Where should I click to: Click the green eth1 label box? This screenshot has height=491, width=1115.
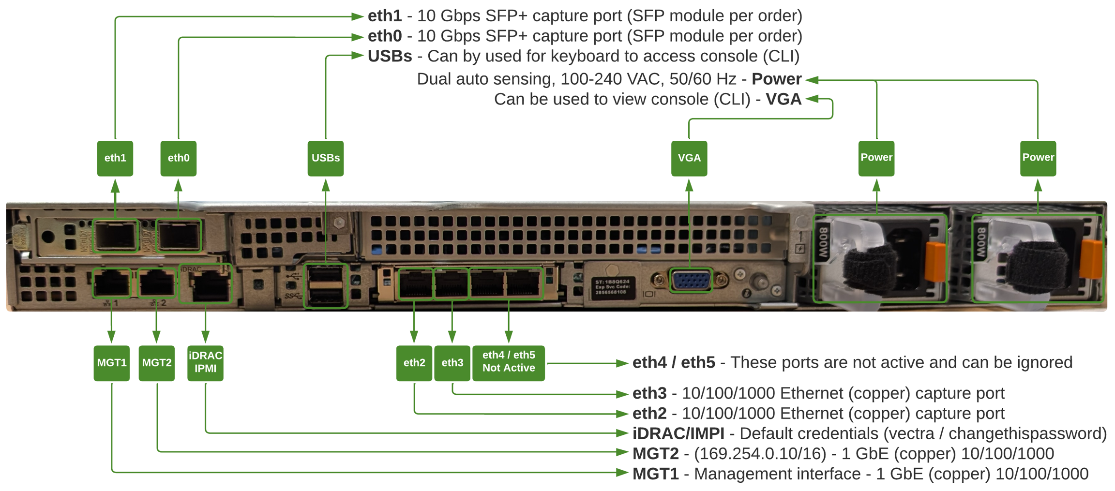115,158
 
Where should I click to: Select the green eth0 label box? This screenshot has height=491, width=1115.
178,158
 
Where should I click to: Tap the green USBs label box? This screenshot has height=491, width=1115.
325,158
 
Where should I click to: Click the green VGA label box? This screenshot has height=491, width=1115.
689,158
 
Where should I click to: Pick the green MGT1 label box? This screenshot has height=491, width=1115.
111,363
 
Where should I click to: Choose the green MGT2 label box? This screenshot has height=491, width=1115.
156,363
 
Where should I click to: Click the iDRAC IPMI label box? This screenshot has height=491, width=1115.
205,363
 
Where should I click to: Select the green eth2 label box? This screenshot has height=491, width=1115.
414,363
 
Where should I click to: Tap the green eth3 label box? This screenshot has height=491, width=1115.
452,363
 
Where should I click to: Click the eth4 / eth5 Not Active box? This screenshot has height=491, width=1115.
508,363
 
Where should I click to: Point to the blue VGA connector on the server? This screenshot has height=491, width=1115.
691,281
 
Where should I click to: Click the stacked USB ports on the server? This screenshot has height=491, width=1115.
325,286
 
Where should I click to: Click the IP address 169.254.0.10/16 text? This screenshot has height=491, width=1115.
760,454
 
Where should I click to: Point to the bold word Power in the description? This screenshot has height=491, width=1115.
776,79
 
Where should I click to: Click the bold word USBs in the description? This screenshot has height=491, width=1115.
390,56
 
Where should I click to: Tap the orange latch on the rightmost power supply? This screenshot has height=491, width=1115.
1092,260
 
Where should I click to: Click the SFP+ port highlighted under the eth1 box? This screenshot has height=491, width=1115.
116,236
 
